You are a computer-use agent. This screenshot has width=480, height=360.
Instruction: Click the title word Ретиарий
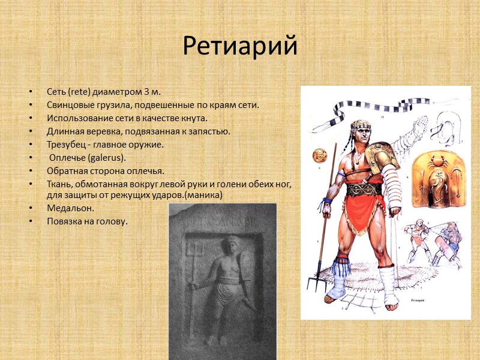pos(240,46)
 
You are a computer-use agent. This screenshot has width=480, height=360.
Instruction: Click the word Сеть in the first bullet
pos(56,92)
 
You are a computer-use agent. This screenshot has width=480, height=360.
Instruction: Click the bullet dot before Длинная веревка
pos(29,131)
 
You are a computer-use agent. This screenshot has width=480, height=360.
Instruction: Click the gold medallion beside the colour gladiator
pos(317,157)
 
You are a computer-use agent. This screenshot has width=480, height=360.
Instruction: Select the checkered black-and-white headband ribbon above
pos(384,108)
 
